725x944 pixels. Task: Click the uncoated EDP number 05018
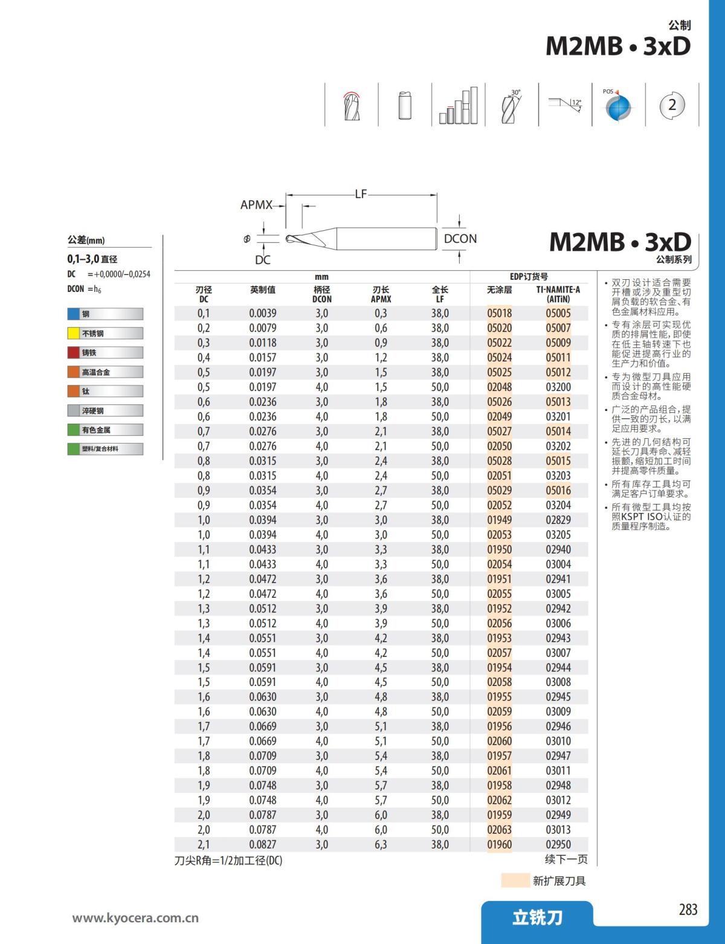(x=499, y=313)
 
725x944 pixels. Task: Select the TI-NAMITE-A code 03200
(x=558, y=387)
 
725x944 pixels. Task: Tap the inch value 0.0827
(x=262, y=844)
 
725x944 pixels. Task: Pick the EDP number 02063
(x=499, y=830)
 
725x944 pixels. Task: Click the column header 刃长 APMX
(x=381, y=294)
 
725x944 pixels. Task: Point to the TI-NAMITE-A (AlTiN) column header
(x=558, y=294)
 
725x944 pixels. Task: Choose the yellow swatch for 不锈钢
(x=74, y=333)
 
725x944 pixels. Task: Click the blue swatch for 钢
(x=74, y=314)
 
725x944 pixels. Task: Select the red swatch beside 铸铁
(x=74, y=352)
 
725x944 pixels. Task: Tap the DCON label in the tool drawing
(x=460, y=239)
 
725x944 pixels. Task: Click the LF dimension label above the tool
(x=361, y=194)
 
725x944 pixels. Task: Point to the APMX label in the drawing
(x=256, y=205)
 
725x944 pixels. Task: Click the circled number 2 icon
(x=672, y=105)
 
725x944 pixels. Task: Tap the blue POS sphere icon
(x=618, y=107)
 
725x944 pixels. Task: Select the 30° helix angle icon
(x=511, y=106)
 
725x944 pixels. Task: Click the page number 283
(x=688, y=910)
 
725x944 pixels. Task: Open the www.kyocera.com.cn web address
(x=135, y=918)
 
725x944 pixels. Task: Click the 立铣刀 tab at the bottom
(x=537, y=918)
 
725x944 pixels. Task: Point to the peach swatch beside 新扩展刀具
(x=515, y=881)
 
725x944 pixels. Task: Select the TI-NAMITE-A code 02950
(x=558, y=844)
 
